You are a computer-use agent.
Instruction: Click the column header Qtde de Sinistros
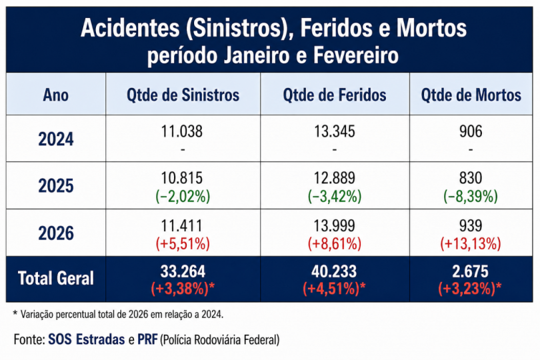(x=183, y=95)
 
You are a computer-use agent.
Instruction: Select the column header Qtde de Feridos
(x=334, y=95)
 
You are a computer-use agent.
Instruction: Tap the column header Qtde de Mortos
(x=471, y=95)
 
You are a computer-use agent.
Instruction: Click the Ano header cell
(x=55, y=95)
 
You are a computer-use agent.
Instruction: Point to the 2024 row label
(x=55, y=139)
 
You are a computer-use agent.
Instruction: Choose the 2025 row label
(x=55, y=186)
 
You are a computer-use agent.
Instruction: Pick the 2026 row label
(x=55, y=233)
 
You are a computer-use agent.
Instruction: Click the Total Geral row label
(x=55, y=278)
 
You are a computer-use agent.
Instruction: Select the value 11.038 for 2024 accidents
(x=183, y=132)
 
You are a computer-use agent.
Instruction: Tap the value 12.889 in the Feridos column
(x=334, y=179)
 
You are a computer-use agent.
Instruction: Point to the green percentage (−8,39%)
(x=471, y=196)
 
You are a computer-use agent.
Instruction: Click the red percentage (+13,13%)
(x=471, y=243)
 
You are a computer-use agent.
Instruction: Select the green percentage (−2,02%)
(x=183, y=196)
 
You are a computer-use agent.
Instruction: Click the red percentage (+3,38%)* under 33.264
(x=183, y=288)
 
